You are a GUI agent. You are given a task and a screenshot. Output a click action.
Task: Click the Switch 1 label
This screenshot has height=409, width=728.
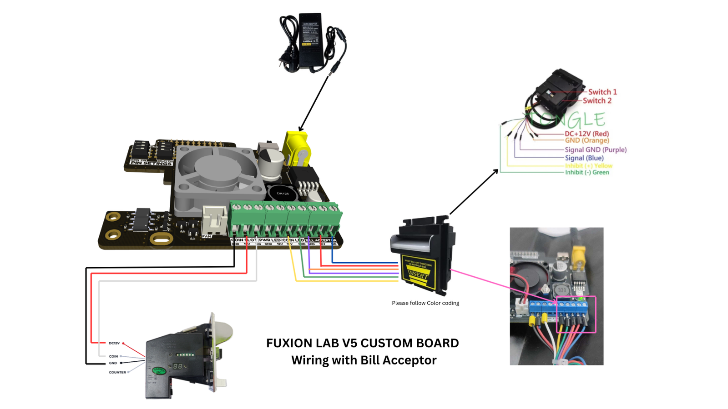[x=602, y=92]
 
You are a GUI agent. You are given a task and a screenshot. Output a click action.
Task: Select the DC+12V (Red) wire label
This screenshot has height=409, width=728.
[x=586, y=134]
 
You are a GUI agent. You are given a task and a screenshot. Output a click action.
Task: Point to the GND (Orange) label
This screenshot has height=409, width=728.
[x=586, y=140]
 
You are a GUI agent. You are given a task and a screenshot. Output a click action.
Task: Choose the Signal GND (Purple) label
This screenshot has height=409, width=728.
[x=595, y=150]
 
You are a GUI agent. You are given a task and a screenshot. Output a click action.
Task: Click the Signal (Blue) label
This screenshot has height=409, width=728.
[x=584, y=158]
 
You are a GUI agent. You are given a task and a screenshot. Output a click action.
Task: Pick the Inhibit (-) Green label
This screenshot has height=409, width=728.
[x=586, y=172]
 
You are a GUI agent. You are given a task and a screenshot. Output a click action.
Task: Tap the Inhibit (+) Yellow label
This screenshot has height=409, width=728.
[x=588, y=165]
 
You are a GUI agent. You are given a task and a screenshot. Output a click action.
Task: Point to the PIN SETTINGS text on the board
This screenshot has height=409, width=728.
[x=152, y=163]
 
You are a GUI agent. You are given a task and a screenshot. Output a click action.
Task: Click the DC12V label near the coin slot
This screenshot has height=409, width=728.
[x=114, y=343]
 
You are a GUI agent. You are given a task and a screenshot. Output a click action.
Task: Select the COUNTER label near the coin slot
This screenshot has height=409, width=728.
[x=117, y=372]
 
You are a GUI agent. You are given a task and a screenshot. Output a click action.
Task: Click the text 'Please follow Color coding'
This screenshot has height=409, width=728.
[x=425, y=303]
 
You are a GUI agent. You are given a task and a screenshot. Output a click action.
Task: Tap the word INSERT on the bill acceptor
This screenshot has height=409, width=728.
[x=418, y=274]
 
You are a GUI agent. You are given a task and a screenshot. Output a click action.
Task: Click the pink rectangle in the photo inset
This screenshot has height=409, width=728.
[x=576, y=314]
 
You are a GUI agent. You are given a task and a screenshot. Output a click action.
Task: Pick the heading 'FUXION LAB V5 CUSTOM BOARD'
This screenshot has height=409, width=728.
[x=362, y=343]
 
